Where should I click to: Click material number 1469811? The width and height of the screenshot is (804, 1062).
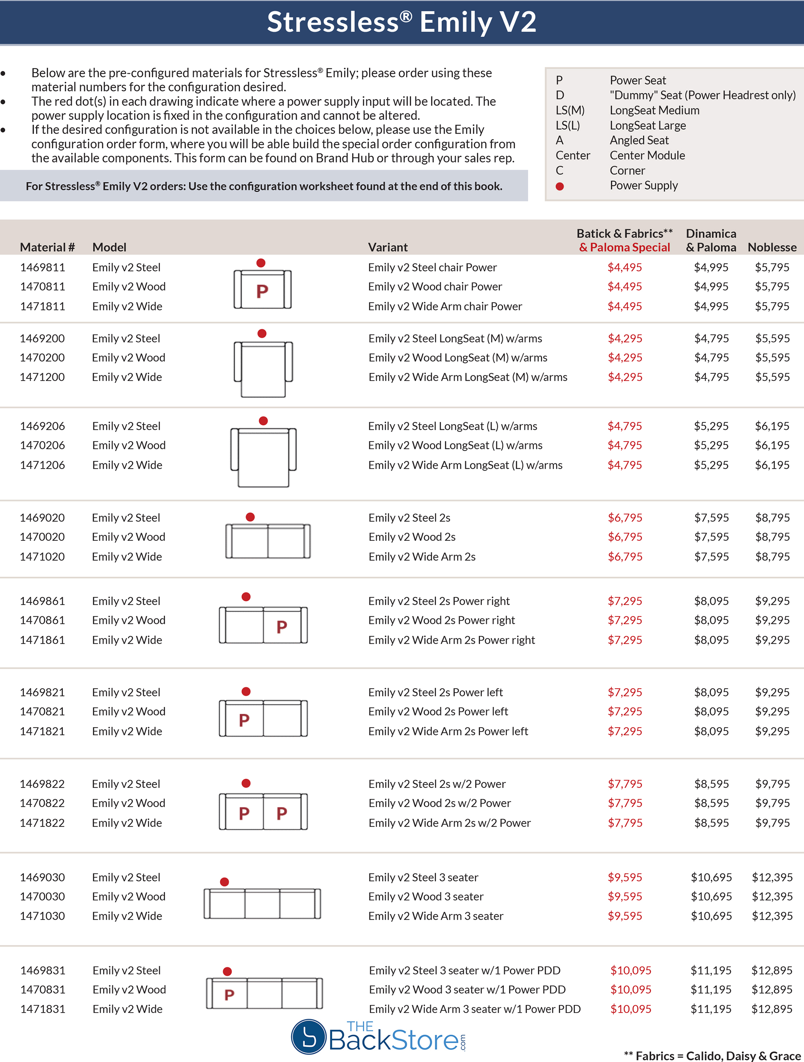[x=42, y=268]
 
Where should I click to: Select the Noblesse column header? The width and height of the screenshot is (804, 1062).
[x=772, y=247]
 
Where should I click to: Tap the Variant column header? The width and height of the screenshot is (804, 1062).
[x=388, y=247]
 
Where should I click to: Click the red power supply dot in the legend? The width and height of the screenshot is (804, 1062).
[x=560, y=186]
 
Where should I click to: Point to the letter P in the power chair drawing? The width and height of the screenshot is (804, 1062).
[x=262, y=291]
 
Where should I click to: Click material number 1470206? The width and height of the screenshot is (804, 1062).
[x=42, y=446]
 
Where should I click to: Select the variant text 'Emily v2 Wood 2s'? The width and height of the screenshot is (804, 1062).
[x=412, y=537]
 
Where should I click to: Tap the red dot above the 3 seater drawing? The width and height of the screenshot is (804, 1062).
[x=224, y=882]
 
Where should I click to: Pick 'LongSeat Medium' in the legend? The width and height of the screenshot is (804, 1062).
[x=654, y=110]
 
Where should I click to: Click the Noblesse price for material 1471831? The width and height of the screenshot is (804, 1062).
[x=771, y=1009]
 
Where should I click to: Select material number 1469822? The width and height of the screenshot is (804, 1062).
[x=42, y=784]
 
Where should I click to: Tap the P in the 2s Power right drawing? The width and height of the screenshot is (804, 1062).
[x=282, y=626]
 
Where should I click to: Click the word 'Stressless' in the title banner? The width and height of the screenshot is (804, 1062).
[x=332, y=22]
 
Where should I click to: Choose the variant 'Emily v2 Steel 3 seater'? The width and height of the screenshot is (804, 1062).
[x=423, y=877]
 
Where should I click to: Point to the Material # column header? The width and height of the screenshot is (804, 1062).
[x=47, y=247]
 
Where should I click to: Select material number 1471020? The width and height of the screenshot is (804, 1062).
[x=42, y=557]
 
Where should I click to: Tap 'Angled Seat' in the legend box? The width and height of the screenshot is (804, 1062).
[x=639, y=140]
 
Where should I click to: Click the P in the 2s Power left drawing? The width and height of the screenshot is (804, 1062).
[x=244, y=720]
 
